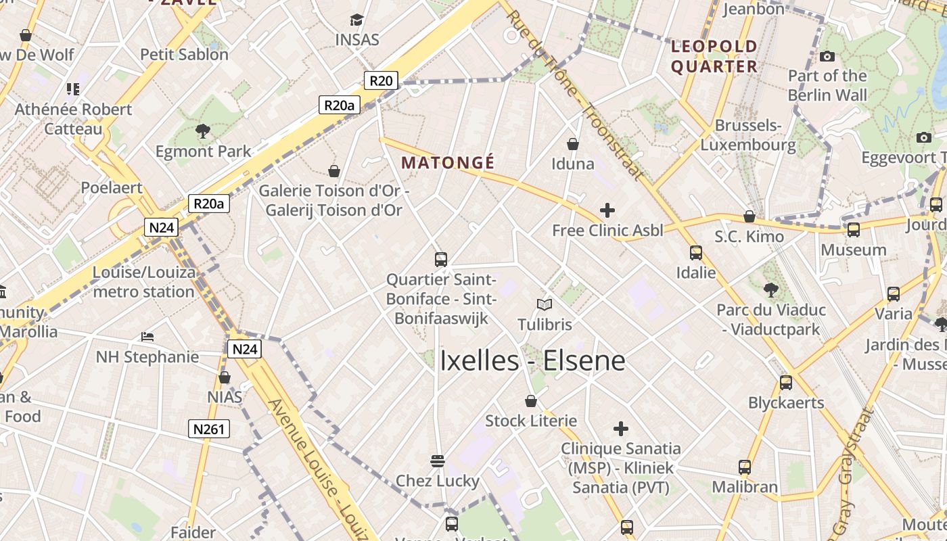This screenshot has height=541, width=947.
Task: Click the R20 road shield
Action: click(x=381, y=80)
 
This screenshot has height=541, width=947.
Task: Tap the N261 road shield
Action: click(x=208, y=429)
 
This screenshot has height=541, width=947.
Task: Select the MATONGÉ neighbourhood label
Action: click(x=448, y=163)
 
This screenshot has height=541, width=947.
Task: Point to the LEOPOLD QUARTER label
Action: click(x=714, y=57)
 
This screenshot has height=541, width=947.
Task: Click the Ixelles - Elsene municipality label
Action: click(x=532, y=360)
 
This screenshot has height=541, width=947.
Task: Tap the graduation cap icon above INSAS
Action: click(x=356, y=20)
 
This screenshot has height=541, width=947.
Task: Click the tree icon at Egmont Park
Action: click(x=202, y=131)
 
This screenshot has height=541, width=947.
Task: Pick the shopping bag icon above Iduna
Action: click(x=573, y=144)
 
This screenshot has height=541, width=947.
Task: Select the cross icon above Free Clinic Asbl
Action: click(x=607, y=210)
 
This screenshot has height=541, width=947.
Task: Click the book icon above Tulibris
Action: click(x=545, y=304)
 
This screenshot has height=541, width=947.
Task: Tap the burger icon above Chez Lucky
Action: click(x=438, y=461)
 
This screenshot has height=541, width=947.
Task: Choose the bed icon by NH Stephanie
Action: click(x=147, y=336)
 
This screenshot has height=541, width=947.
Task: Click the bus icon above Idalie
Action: click(x=696, y=253)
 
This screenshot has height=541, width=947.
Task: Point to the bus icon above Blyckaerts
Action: click(x=786, y=383)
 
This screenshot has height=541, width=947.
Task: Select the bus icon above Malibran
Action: click(x=745, y=467)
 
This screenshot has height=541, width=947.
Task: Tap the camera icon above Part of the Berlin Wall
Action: click(x=827, y=56)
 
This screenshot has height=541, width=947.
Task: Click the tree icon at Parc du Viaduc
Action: click(x=770, y=290)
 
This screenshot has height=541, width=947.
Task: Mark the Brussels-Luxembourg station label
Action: click(x=748, y=135)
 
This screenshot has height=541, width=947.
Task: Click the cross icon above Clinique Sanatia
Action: click(x=620, y=429)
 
